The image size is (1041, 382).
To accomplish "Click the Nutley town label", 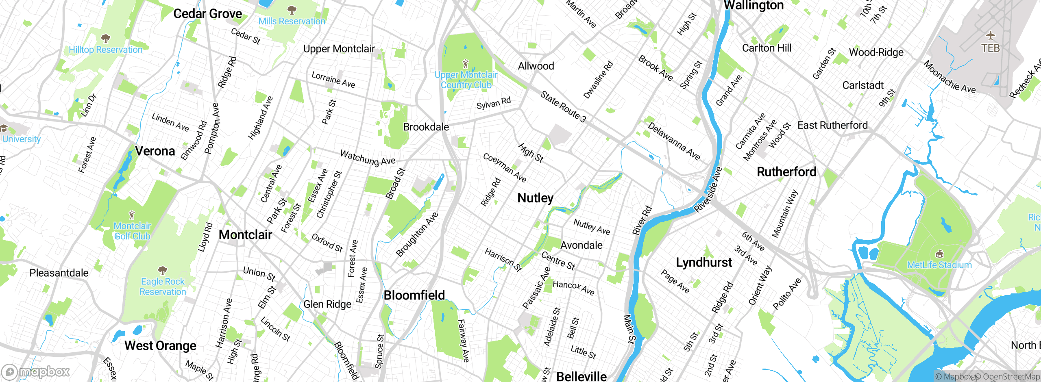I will pyautogui.click(x=535, y=198).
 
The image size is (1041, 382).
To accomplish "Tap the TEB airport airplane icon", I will pyautogui.click(x=991, y=35).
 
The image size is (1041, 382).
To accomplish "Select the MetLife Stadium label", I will pyautogui.click(x=939, y=265).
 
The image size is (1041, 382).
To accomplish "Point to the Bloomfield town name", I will pyautogui.click(x=414, y=295).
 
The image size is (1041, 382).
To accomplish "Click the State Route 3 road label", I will pyautogui.click(x=563, y=107).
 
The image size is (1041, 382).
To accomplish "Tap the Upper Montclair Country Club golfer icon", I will pyautogui.click(x=466, y=64).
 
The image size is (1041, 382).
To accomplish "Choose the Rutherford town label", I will pyautogui.click(x=786, y=172).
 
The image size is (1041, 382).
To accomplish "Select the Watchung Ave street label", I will pyautogui.click(x=368, y=158).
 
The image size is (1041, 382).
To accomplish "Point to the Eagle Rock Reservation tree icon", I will pyautogui.click(x=163, y=270).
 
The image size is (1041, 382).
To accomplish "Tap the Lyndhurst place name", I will pyautogui.click(x=703, y=263).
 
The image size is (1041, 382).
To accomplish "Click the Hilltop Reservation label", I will pyautogui.click(x=105, y=50).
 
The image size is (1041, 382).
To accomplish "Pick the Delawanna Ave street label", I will pyautogui.click(x=673, y=141).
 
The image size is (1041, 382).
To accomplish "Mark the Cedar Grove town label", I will pyautogui.click(x=207, y=14).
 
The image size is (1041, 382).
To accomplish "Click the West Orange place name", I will pyautogui.click(x=160, y=346).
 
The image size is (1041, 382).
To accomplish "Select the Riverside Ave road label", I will pyautogui.click(x=708, y=189).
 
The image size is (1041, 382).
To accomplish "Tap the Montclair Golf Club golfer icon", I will pyautogui.click(x=132, y=215).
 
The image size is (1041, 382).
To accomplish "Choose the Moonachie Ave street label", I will pyautogui.click(x=949, y=77).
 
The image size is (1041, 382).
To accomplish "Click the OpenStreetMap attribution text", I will pyautogui.click(x=1011, y=377).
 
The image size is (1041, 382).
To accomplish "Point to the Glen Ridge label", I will pyautogui.click(x=327, y=304).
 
